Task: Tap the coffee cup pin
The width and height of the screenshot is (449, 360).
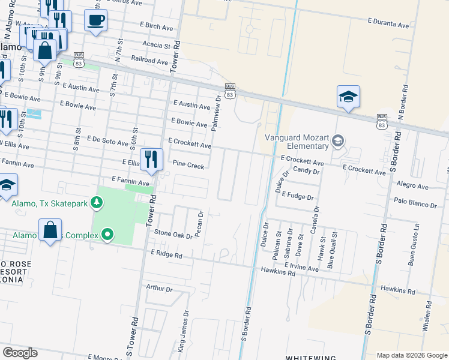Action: point(95,21)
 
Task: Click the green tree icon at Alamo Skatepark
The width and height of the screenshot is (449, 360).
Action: point(96,203)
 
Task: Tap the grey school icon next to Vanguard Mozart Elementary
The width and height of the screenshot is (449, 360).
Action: point(338,141)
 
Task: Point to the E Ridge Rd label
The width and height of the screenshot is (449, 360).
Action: point(166,254)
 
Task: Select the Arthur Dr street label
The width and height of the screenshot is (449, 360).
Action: point(159,288)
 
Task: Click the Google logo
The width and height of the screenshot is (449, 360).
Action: point(20,353)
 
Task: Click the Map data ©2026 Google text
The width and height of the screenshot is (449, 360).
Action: point(411,355)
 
